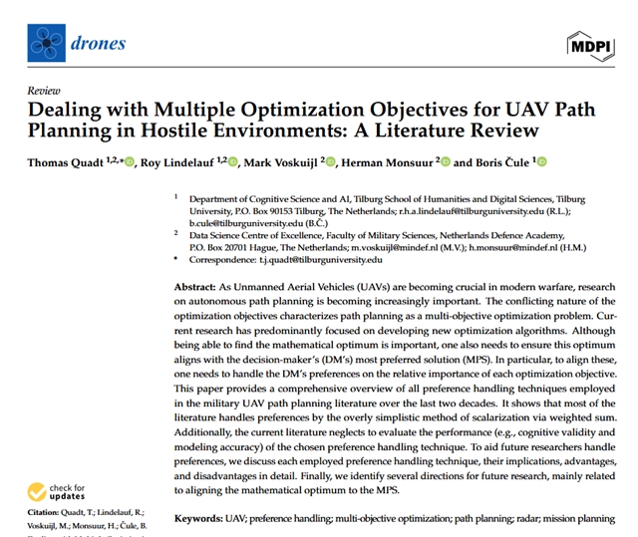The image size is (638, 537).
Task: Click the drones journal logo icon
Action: pos(45,42)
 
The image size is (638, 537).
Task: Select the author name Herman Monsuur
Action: pos(394,162)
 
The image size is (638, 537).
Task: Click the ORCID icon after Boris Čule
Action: pos(543,162)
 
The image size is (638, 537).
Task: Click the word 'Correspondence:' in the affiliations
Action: pos(217,259)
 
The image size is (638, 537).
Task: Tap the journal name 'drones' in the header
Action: pos(99,42)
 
